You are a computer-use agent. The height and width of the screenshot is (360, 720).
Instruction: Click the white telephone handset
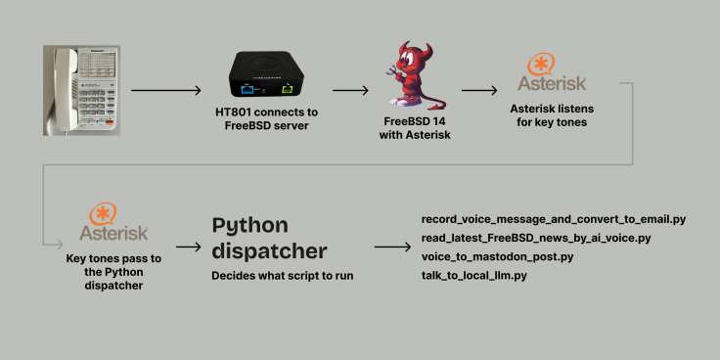(x=66, y=88)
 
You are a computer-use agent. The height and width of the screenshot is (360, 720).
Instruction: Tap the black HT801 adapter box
(x=267, y=74)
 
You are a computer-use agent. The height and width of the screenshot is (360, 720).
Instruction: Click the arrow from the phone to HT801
(x=165, y=90)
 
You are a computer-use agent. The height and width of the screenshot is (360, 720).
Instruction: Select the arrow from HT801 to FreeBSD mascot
(x=350, y=90)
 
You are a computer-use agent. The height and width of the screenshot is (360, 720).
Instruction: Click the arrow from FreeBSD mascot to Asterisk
(x=479, y=90)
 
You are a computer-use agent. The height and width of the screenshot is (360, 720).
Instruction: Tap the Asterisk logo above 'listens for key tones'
(x=552, y=72)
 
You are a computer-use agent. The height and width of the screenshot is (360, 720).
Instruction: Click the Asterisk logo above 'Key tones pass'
(x=113, y=222)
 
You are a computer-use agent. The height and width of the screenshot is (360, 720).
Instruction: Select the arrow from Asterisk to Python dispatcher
(x=188, y=247)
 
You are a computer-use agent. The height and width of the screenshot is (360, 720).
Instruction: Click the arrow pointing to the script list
(x=392, y=247)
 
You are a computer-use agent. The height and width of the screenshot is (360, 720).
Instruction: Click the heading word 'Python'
(x=249, y=226)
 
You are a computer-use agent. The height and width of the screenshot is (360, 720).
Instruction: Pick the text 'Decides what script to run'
(x=283, y=276)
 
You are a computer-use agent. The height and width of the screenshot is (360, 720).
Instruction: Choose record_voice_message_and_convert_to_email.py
(x=554, y=219)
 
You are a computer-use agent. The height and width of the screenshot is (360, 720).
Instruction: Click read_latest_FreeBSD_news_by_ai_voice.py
(x=536, y=239)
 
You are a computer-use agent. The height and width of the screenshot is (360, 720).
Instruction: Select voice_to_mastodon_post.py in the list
(x=497, y=256)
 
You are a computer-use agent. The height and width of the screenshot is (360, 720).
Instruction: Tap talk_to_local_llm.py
(x=473, y=276)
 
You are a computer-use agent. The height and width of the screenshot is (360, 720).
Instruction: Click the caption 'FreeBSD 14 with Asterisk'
(x=415, y=129)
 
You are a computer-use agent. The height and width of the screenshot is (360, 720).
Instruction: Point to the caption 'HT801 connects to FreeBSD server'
(x=266, y=119)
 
